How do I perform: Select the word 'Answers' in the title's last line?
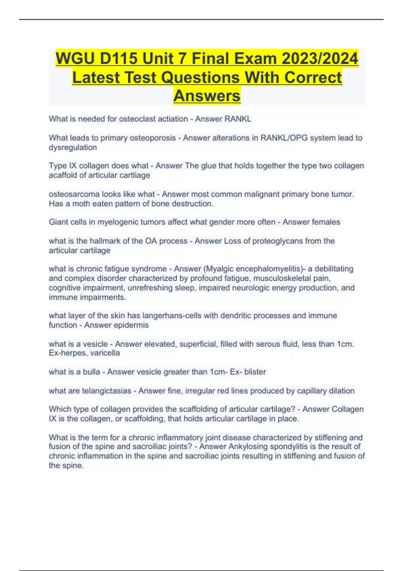tap(207, 96)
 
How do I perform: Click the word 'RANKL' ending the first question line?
tap(239, 119)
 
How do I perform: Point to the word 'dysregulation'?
tap(73, 147)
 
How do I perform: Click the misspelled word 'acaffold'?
tap(63, 175)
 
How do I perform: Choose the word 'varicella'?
tap(105, 353)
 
